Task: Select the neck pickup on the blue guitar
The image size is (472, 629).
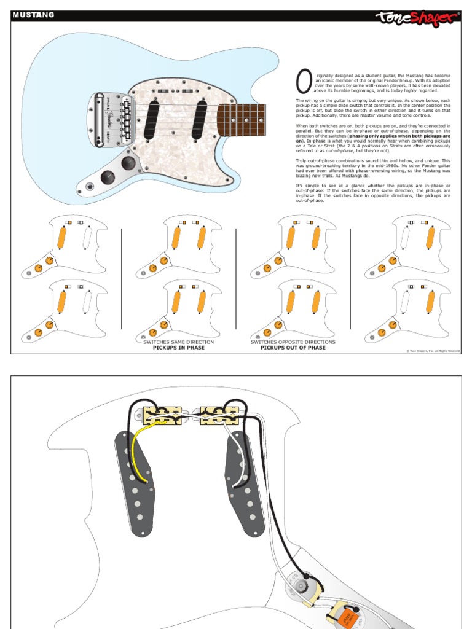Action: pyautogui.click(x=200, y=118)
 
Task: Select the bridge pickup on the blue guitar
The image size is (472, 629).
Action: pyautogui.click(x=151, y=119)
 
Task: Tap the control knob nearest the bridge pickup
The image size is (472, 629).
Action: pyautogui.click(x=128, y=163)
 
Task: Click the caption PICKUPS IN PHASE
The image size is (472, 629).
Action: pyautogui.click(x=178, y=348)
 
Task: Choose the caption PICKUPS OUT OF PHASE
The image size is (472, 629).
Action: pyautogui.click(x=293, y=348)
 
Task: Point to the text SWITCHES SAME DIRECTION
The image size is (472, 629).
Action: pyautogui.click(x=178, y=342)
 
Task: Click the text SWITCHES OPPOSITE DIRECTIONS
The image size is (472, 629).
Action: pyautogui.click(x=293, y=342)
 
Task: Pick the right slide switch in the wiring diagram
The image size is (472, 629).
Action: pyautogui.click(x=218, y=416)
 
